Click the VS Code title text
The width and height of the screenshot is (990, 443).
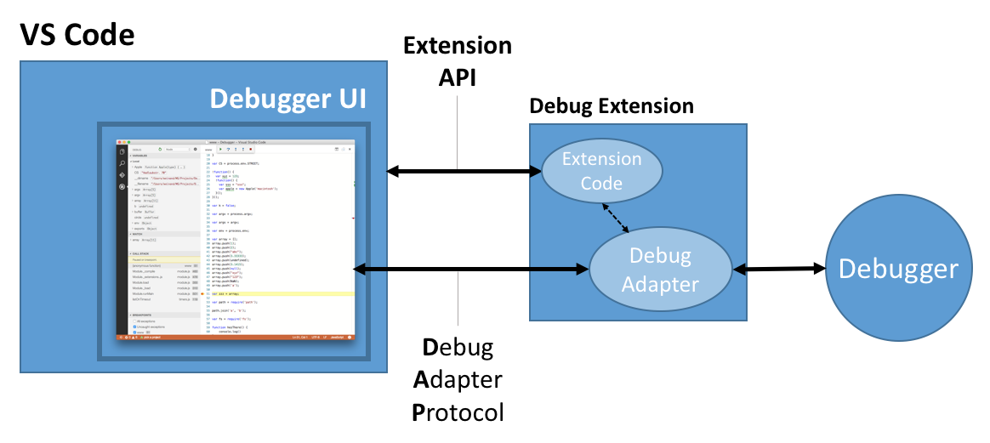point(77,35)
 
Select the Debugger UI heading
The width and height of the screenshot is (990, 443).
point(287,99)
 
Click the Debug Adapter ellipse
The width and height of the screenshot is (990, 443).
point(661,270)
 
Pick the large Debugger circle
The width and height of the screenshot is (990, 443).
point(898,270)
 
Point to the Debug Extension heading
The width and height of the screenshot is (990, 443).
point(612,106)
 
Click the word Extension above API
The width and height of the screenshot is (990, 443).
point(458,45)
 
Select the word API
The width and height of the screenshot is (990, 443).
point(458,77)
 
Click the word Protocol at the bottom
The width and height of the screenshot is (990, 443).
point(458,413)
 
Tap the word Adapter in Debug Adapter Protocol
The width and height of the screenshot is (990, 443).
point(458,380)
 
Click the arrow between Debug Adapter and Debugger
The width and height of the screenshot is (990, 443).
point(779,270)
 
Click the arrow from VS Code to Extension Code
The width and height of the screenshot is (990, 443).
point(464,172)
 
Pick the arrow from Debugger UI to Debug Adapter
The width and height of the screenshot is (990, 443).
point(472,270)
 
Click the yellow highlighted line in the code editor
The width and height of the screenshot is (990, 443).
point(281,293)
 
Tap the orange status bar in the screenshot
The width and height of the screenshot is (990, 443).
point(236,338)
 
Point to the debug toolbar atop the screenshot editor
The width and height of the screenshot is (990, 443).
point(237,149)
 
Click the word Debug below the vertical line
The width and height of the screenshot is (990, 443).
point(458,348)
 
